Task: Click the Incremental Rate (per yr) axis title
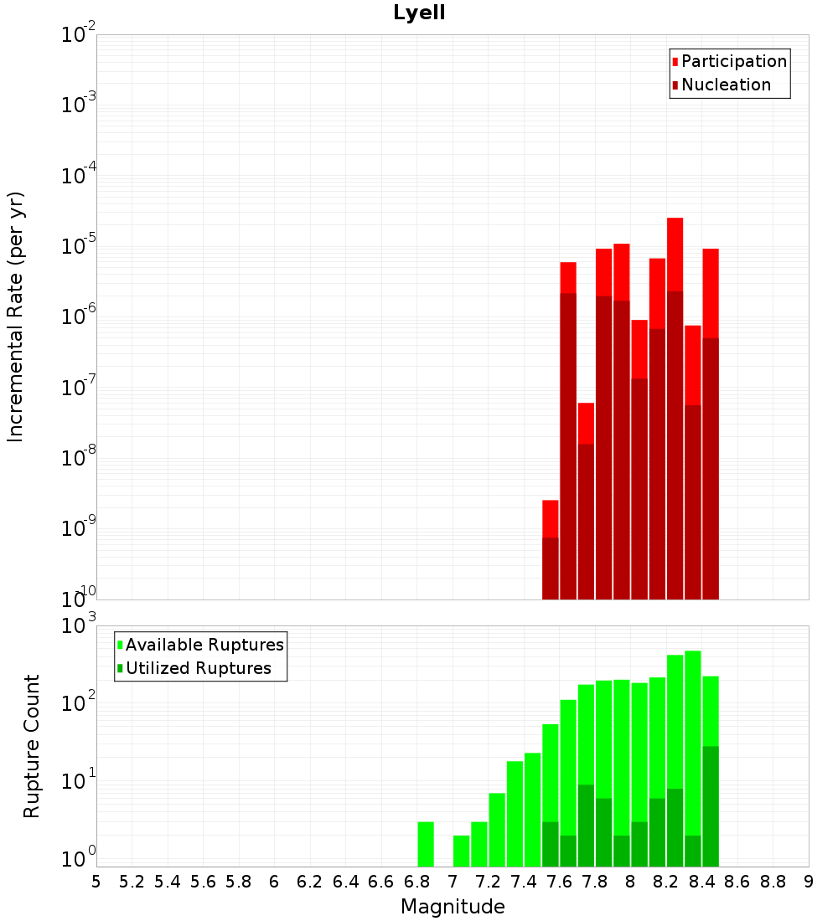pos(16,316)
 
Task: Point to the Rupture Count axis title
pos(32,745)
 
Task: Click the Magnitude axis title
pos(453,907)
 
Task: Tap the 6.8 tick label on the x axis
pos(416,882)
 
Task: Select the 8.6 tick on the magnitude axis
pos(737,882)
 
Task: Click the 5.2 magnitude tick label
pos(132,882)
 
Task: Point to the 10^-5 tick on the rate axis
pos(79,246)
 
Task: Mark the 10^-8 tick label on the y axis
pos(79,458)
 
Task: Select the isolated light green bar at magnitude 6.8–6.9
pos(426,844)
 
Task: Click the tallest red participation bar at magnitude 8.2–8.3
pos(675,251)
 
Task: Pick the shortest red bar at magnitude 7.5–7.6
pos(551,519)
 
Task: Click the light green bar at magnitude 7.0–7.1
pos(461,851)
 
